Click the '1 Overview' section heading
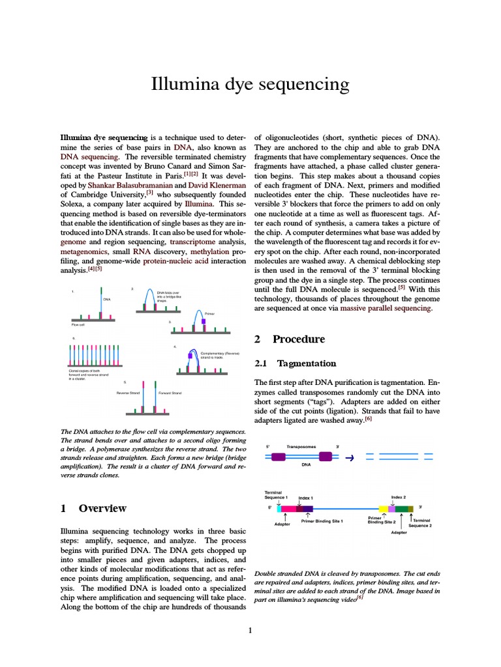click(x=93, y=508)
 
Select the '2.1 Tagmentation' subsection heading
click(x=295, y=363)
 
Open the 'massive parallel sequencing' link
click(x=386, y=308)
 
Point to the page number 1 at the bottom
click(x=250, y=630)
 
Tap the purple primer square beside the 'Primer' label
click(x=204, y=321)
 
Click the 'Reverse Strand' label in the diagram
click(x=128, y=393)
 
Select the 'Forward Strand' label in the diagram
click(x=170, y=393)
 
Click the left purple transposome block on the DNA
click(x=278, y=457)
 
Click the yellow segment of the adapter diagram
click(x=384, y=508)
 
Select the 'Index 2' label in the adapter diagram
click(x=398, y=497)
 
